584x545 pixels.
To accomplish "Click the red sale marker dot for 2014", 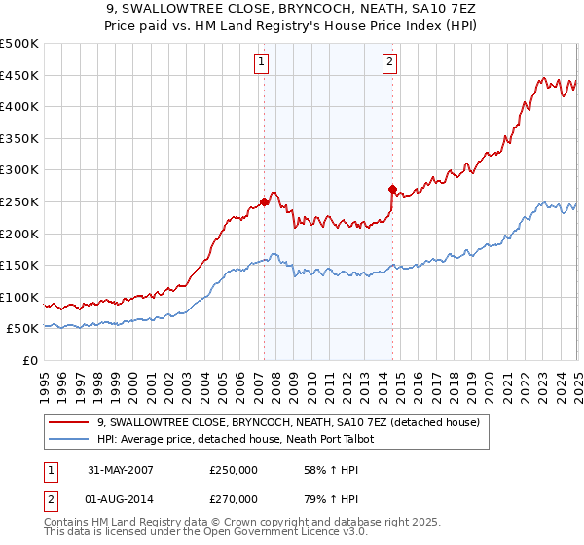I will coord(392,189).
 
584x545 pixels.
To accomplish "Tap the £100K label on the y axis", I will coord(19,297).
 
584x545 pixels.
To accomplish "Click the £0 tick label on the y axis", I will coord(29,360).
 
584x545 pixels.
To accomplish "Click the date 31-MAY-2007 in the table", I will coord(121,469).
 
